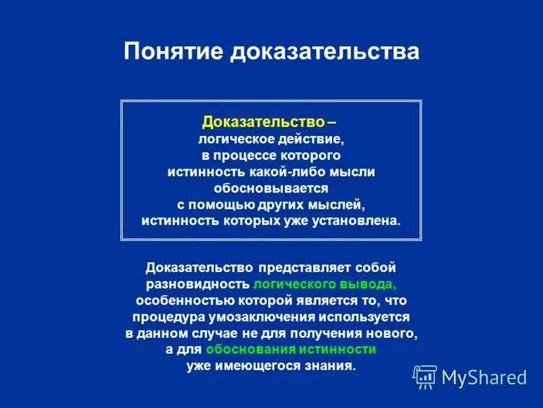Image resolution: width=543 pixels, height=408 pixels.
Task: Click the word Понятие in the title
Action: point(174,52)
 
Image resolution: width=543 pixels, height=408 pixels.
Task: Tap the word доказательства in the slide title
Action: point(325,52)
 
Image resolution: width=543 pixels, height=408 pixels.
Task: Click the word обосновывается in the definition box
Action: point(271,188)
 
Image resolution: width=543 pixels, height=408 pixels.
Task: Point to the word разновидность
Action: point(198,284)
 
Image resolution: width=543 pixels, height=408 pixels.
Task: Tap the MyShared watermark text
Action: point(484,377)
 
